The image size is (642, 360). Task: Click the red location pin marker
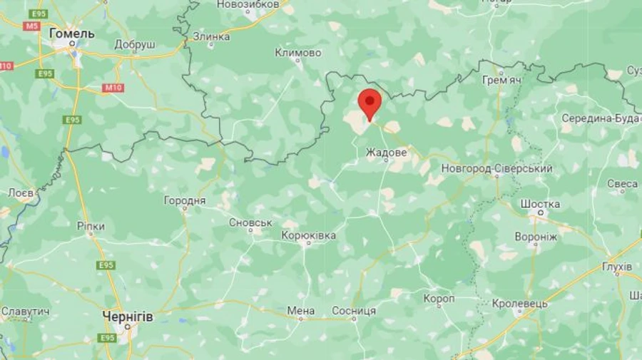point(370,103)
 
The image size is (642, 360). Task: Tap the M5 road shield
point(31,26)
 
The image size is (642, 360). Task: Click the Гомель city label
point(71,33)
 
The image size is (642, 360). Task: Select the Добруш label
point(134,44)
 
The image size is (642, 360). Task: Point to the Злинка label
point(211,36)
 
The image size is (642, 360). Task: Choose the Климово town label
point(298,53)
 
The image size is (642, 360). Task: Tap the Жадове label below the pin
point(387,153)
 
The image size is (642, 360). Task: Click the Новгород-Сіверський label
point(497,169)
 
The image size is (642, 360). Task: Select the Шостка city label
point(540,204)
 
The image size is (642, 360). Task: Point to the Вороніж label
point(536,237)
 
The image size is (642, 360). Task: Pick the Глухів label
point(617,267)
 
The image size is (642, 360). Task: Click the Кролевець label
point(520,304)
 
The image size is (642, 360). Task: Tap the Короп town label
point(439,299)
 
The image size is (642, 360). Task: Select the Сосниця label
point(354,311)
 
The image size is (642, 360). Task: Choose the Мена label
point(301,311)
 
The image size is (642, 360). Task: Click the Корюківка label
point(309,235)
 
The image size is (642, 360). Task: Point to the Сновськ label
point(250,222)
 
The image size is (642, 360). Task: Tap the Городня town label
point(185,201)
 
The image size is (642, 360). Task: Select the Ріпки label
point(91,226)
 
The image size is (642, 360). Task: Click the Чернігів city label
point(128,316)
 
